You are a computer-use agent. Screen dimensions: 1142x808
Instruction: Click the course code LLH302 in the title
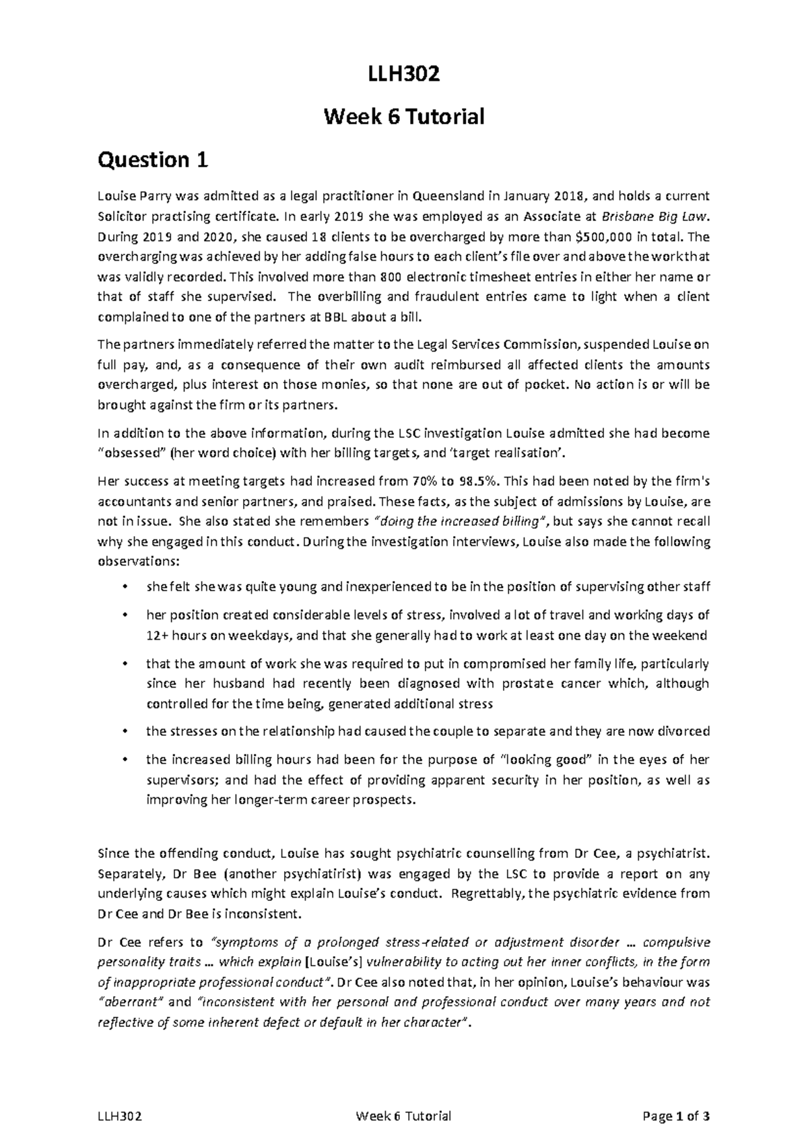404,74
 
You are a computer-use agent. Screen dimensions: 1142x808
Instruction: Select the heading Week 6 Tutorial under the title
404,117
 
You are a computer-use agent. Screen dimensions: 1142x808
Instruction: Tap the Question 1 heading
153,160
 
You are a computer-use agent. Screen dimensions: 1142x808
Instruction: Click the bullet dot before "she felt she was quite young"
124,587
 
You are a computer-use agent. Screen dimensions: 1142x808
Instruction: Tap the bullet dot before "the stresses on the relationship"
124,732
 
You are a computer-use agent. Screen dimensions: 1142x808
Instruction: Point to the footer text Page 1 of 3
677,1116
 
